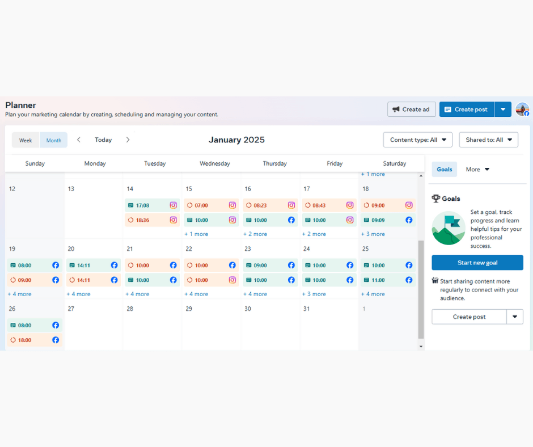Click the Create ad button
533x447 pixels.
point(411,109)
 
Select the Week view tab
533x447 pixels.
point(26,140)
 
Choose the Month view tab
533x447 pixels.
point(54,140)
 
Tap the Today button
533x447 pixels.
point(103,140)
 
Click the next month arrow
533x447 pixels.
point(128,140)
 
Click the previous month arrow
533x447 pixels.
point(78,140)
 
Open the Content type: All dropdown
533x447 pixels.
point(417,140)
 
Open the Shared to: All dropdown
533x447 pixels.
point(488,140)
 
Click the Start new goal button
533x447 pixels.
point(477,263)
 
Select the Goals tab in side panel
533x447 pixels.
point(445,170)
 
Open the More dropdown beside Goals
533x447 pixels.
point(477,170)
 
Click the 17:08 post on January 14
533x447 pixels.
point(153,205)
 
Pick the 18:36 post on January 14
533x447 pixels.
point(153,220)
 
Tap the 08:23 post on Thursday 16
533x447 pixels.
point(270,205)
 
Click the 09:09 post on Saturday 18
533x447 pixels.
point(388,220)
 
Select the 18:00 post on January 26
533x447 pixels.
point(35,340)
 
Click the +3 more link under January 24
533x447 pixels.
point(314,294)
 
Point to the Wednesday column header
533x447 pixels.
point(215,163)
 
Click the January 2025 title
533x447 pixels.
point(236,140)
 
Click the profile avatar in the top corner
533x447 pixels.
point(522,109)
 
